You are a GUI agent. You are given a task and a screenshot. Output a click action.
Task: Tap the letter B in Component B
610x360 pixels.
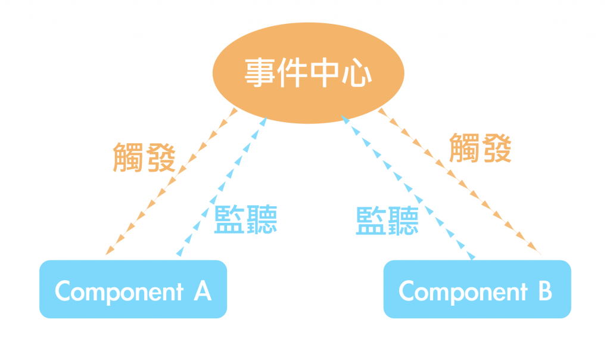tap(544, 291)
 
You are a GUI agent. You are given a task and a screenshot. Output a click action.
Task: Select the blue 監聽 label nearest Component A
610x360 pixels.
tap(245, 219)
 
